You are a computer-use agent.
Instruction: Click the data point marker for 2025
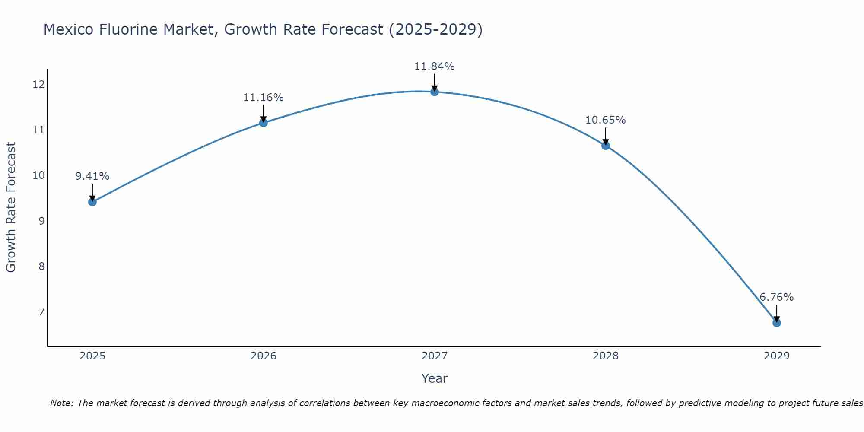coord(92,202)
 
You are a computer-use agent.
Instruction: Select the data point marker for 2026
coord(264,123)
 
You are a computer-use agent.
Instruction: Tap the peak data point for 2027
coord(435,92)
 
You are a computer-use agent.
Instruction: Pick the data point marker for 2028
coord(606,146)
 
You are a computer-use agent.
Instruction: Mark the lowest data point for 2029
coord(776,323)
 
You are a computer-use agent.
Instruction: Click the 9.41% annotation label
coord(92,176)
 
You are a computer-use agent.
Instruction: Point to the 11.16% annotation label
coord(263,98)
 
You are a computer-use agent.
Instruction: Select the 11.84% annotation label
coord(434,67)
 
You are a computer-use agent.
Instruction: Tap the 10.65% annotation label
coord(605,120)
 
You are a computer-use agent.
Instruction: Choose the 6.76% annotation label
coord(776,297)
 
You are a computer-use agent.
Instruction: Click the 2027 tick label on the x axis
coord(435,356)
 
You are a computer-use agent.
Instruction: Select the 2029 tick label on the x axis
coord(776,356)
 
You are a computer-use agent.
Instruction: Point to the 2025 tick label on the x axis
coord(92,356)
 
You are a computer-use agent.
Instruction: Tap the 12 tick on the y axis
coord(38,85)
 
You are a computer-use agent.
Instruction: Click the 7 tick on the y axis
coord(41,311)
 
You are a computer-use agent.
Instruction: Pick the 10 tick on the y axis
coord(38,175)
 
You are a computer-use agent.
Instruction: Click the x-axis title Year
coord(434,378)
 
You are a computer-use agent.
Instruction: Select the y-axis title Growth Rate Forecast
coord(11,207)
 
